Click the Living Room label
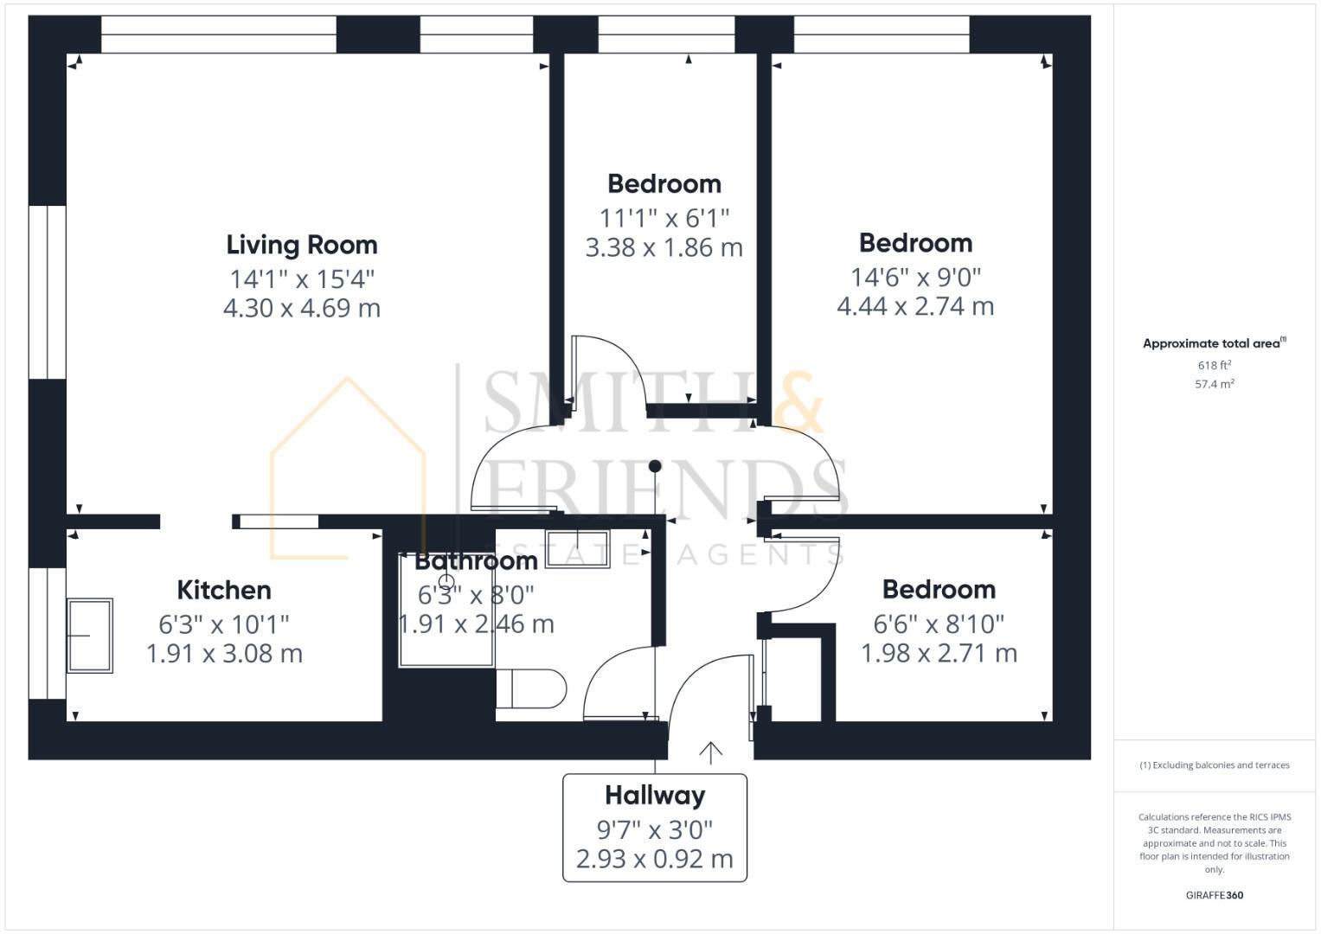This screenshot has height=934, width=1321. [301, 245]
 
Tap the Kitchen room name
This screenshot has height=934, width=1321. [224, 591]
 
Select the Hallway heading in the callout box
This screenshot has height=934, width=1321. [654, 796]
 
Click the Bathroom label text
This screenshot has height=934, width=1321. [476, 561]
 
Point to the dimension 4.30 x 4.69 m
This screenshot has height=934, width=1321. [301, 308]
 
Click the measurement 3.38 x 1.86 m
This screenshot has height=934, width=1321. [664, 248]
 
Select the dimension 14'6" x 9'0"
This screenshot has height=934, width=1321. [915, 277]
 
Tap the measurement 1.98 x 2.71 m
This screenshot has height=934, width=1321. [939, 653]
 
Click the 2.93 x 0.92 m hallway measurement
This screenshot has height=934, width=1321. [654, 859]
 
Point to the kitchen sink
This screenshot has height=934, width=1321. [90, 636]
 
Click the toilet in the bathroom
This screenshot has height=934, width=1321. [531, 688]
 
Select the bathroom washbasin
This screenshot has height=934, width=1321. [578, 548]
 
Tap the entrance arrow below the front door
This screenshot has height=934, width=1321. [710, 752]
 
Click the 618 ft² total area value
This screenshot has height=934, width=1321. [1214, 366]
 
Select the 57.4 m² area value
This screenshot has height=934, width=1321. [1214, 384]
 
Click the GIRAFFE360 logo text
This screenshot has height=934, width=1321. [1214, 895]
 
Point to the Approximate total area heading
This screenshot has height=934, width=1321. [1213, 343]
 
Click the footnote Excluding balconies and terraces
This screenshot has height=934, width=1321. [1214, 765]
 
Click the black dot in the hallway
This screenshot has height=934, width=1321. [655, 466]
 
